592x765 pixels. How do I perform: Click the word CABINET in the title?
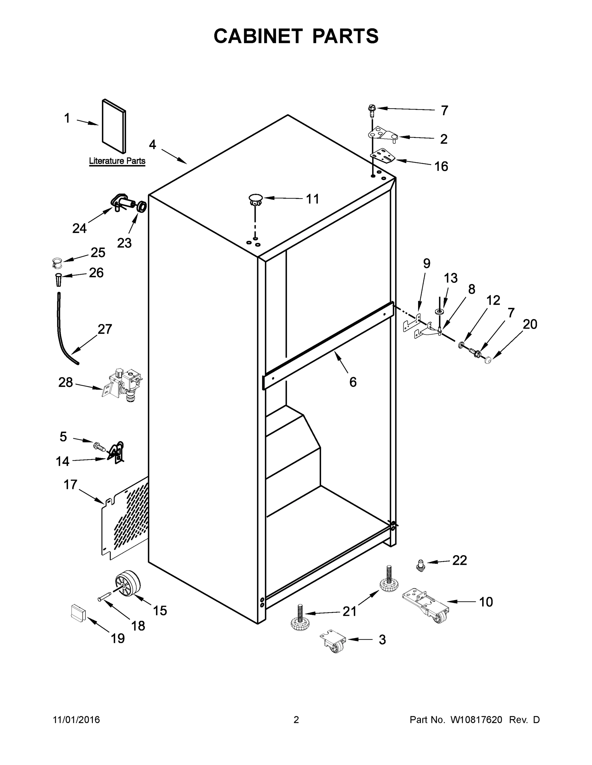[x=258, y=36]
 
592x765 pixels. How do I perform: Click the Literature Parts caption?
[x=117, y=161]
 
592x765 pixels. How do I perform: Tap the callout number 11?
[x=312, y=199]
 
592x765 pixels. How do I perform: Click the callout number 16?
[x=441, y=166]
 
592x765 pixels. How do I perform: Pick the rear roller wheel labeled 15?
[x=128, y=584]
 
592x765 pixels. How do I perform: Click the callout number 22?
[x=460, y=560]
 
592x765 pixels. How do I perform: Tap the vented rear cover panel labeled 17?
[x=124, y=518]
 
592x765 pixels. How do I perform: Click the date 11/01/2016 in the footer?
[x=77, y=720]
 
